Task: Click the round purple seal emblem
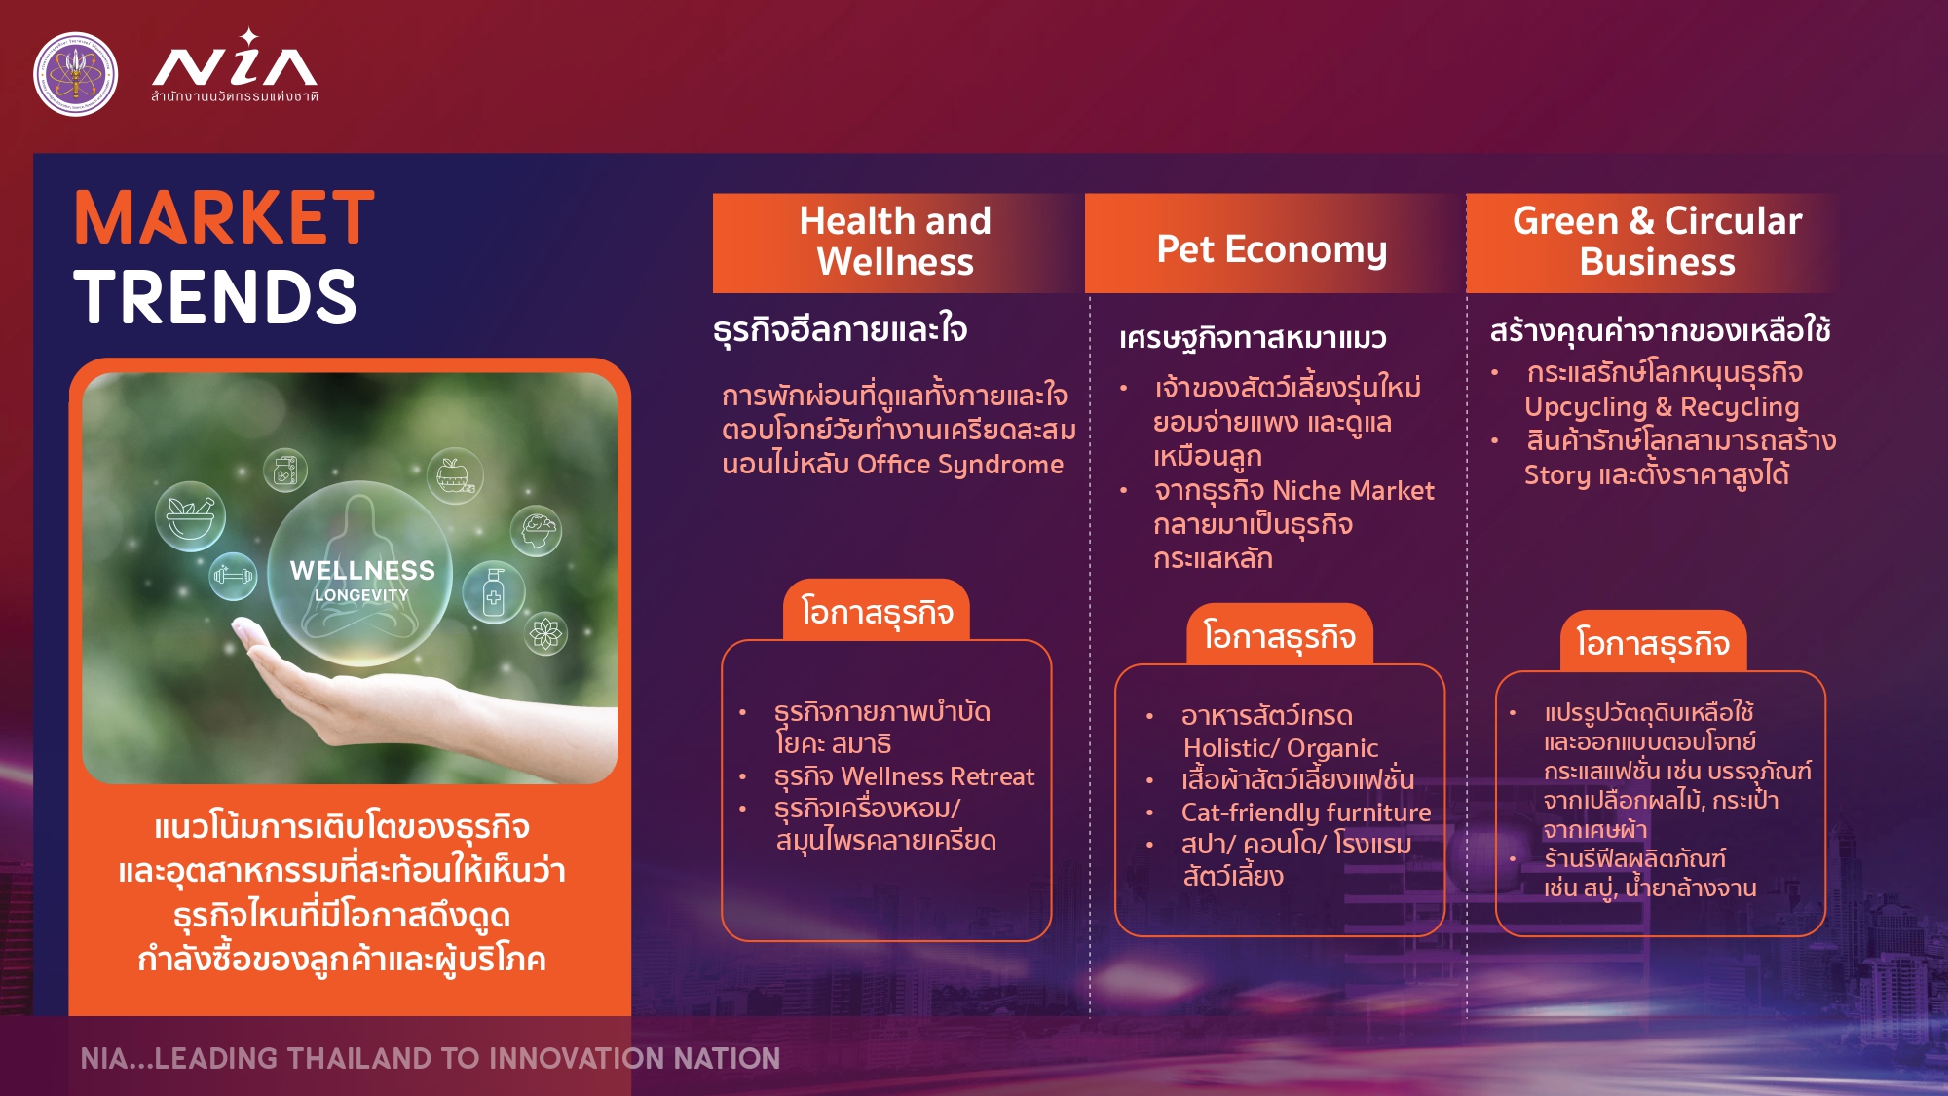click(x=76, y=74)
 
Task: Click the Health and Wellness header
click(x=895, y=242)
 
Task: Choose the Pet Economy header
click(x=1272, y=249)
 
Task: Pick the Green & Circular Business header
click(x=1657, y=242)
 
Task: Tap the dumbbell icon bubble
click(x=234, y=576)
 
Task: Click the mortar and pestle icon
click(x=190, y=516)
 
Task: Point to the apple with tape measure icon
click(x=455, y=475)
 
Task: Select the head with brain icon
click(x=536, y=531)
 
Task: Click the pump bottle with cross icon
click(x=494, y=592)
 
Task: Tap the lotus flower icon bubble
click(x=545, y=634)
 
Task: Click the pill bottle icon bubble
click(x=285, y=472)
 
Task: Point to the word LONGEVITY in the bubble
click(x=361, y=595)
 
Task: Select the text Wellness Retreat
click(x=937, y=776)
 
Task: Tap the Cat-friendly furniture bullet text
click(x=1306, y=813)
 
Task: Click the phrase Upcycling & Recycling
click(x=1662, y=407)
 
